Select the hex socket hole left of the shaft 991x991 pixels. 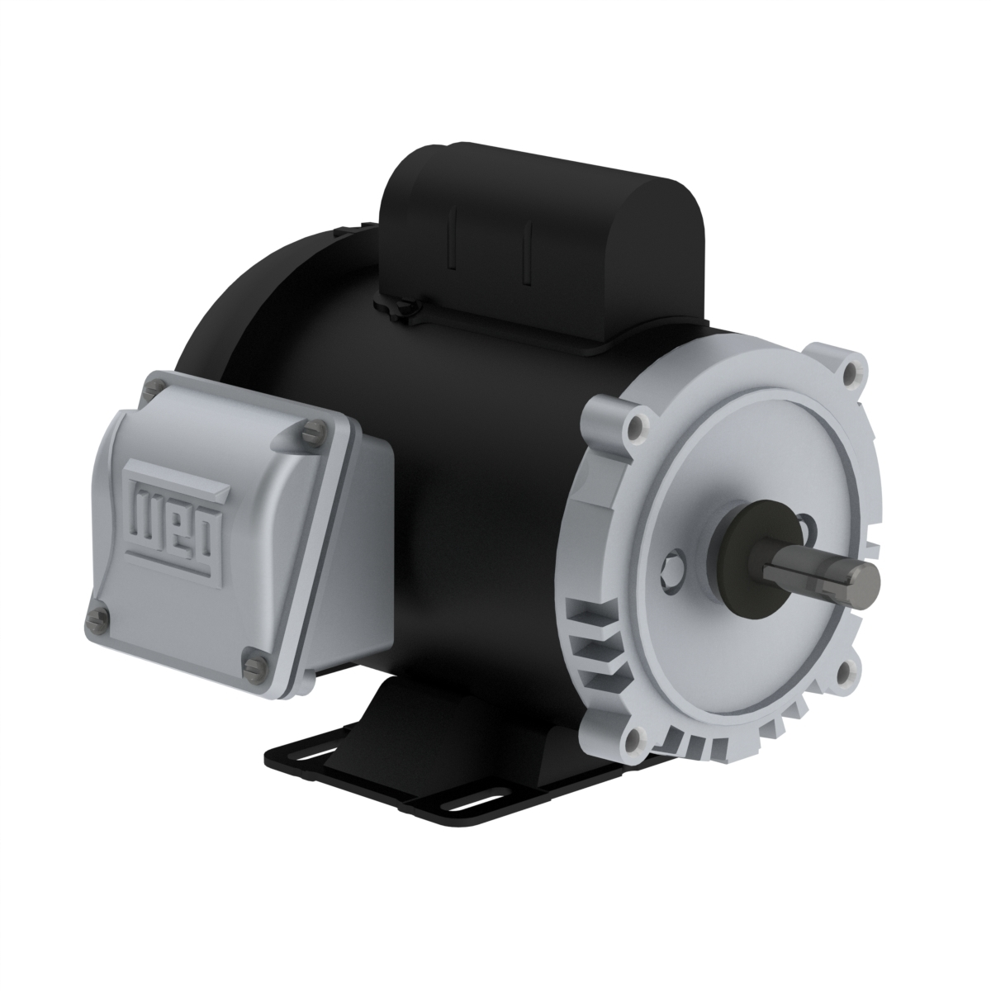[672, 567]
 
